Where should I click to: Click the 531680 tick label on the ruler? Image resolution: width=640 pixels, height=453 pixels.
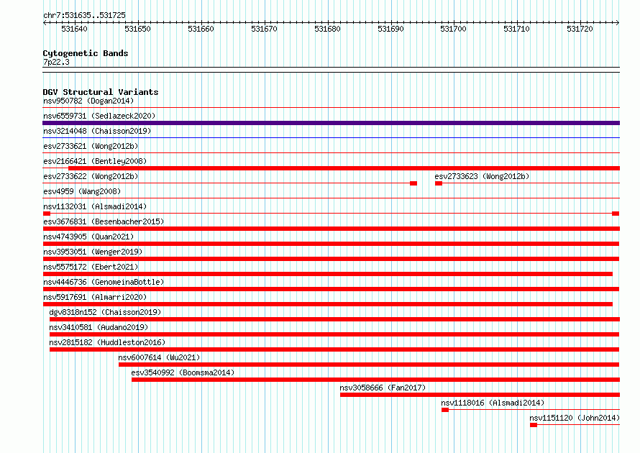coord(327,29)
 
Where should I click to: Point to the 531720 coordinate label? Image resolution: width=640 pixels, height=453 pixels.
coord(580,29)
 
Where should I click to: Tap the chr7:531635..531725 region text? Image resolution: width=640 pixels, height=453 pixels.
coord(84,16)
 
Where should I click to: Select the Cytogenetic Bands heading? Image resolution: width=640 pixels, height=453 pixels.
coord(86,53)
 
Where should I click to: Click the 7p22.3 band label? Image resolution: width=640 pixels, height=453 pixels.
coord(56,62)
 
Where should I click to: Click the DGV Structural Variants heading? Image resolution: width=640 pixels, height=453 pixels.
coord(101,92)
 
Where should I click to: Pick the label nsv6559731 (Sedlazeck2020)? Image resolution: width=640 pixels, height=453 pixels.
coord(99,116)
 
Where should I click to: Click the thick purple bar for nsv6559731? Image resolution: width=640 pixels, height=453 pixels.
coord(331,123)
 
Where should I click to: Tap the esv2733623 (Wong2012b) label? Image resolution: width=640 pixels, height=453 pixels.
coord(482,176)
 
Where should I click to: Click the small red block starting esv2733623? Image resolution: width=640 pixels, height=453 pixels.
coord(439,183)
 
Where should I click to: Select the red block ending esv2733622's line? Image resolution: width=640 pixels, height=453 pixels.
coord(413,183)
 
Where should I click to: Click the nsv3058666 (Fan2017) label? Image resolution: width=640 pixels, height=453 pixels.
coord(383,388)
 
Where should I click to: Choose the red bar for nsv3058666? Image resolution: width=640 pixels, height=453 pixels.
coord(480,395)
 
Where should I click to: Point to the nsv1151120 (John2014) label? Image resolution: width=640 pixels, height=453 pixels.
coord(575,418)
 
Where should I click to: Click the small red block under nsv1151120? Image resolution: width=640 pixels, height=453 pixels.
coord(534,425)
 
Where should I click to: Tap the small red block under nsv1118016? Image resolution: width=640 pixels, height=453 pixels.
coord(445,410)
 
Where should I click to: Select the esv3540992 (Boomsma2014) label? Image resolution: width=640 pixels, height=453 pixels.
coord(183,372)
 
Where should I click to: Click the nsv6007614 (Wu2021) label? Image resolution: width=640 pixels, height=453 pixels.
coord(159,357)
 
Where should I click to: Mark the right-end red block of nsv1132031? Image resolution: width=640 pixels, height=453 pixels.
coord(616,214)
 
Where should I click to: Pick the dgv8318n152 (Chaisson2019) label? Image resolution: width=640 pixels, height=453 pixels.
coord(105,312)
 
